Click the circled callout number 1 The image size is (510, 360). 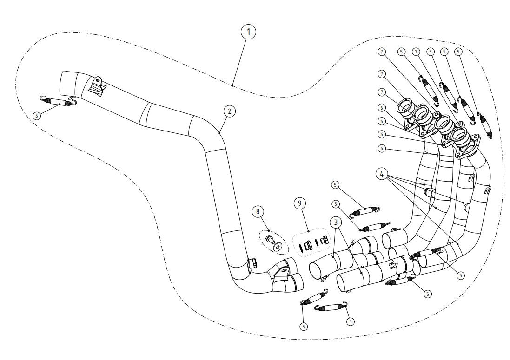[249, 33]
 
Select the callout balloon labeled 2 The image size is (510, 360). [228, 111]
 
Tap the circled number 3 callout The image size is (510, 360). [334, 222]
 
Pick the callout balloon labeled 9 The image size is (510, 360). [300, 203]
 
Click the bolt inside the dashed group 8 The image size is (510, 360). [269, 239]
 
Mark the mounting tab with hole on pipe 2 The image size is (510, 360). [99, 82]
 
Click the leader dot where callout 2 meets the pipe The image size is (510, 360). [219, 132]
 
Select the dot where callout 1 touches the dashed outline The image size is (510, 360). [232, 85]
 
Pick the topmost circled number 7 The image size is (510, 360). [382, 51]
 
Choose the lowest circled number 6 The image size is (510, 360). [382, 149]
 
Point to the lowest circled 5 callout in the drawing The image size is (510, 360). [304, 326]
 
